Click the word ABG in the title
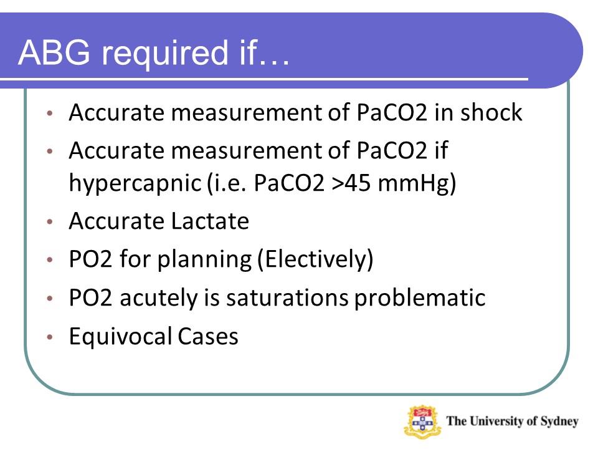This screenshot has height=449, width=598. [54, 52]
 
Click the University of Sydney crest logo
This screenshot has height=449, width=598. [422, 422]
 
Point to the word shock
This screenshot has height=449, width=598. [491, 112]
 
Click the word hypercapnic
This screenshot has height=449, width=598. [135, 183]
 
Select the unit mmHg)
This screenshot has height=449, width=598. [417, 183]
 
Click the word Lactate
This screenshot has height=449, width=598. [210, 221]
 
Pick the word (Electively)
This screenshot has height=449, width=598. [315, 259]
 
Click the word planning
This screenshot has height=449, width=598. [205, 260]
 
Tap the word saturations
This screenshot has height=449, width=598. [287, 298]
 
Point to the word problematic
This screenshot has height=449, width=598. [420, 298]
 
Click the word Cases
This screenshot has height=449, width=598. [208, 336]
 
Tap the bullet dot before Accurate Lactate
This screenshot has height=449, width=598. [50, 221]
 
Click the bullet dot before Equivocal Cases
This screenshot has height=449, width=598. [50, 337]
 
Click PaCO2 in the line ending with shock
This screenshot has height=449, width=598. [392, 112]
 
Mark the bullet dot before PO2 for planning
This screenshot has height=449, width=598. [50, 260]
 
